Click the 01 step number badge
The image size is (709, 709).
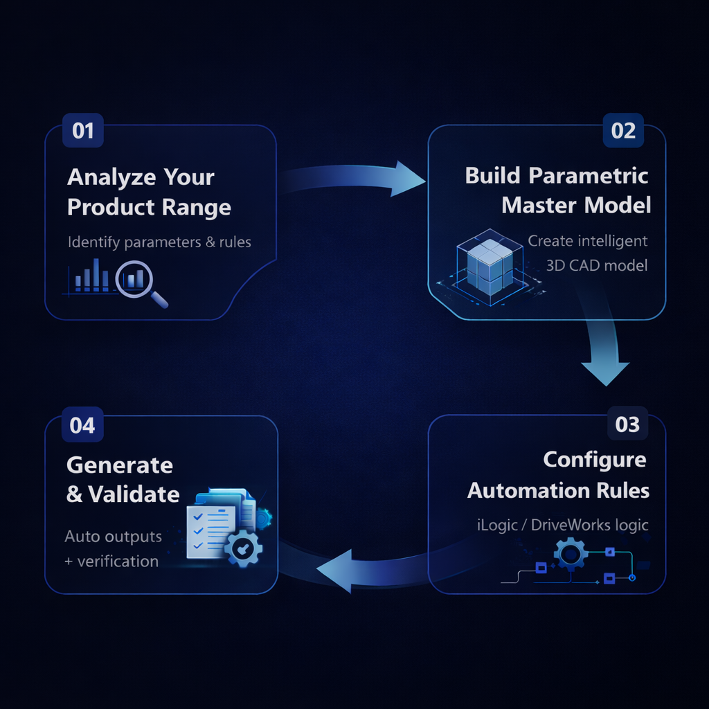(x=83, y=131)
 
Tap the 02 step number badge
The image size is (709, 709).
(x=623, y=131)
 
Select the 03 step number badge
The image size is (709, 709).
(x=627, y=424)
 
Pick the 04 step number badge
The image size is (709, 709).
(x=82, y=424)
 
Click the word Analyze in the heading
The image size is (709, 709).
(x=111, y=177)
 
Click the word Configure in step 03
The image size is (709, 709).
(x=595, y=460)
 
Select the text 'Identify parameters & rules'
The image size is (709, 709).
(x=159, y=242)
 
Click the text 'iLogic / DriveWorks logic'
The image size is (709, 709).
(x=562, y=524)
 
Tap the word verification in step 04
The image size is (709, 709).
(x=118, y=561)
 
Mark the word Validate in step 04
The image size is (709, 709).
(x=133, y=494)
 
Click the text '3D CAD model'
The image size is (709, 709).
(x=597, y=264)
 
